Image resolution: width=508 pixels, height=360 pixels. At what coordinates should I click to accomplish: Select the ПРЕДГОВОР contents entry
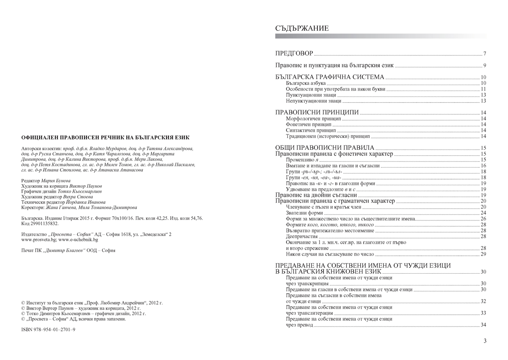(x=294, y=54)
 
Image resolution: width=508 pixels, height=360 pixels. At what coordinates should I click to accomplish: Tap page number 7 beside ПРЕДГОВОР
(x=484, y=54)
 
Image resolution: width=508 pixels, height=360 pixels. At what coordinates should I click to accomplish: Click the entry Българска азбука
(x=306, y=83)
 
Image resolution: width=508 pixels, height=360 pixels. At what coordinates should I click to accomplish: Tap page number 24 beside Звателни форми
(x=483, y=213)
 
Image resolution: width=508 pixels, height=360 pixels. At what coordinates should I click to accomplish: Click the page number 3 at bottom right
(x=485, y=341)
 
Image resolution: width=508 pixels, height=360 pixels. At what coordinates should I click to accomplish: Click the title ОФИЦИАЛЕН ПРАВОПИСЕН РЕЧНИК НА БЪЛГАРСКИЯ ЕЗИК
(x=105, y=137)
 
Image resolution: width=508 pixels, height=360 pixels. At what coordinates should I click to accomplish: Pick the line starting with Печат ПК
(x=68, y=250)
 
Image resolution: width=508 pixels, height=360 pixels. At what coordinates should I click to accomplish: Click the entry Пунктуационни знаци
(x=308, y=95)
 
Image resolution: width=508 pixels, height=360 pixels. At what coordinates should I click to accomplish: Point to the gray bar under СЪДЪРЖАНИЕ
(x=381, y=36)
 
